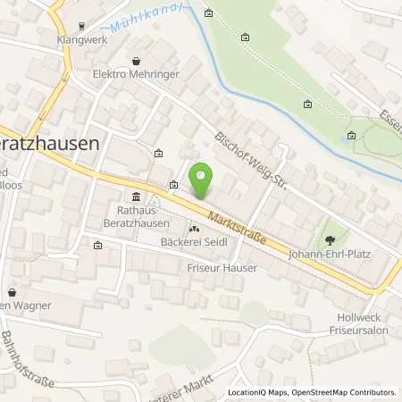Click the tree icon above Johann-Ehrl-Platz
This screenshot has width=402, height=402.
tap(332, 239)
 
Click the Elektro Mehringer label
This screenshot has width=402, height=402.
tap(135, 76)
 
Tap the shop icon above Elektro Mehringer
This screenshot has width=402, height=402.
tap(136, 61)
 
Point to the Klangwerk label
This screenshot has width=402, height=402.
tap(82, 40)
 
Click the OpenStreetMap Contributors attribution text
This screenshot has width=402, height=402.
tap(343, 392)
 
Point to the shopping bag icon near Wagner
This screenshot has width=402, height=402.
tap(12, 292)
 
